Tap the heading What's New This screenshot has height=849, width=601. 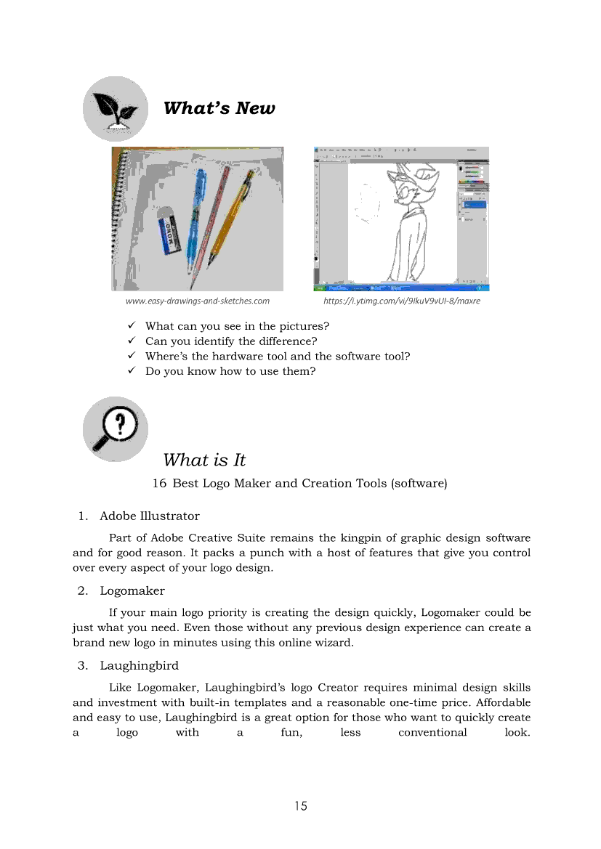219,108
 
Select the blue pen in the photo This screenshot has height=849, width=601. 194,219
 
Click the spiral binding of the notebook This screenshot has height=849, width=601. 115,218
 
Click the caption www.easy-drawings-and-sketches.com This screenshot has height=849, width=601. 197,301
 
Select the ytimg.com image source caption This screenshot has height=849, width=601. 401,301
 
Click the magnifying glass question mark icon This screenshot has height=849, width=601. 115,429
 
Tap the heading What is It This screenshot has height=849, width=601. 204,460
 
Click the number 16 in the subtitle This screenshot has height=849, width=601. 159,483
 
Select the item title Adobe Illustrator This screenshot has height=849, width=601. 149,516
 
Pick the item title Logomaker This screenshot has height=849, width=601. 132,590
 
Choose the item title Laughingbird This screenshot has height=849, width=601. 139,665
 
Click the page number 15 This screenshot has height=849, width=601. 301,805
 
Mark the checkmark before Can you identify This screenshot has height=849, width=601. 132,341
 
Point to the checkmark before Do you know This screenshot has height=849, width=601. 132,371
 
